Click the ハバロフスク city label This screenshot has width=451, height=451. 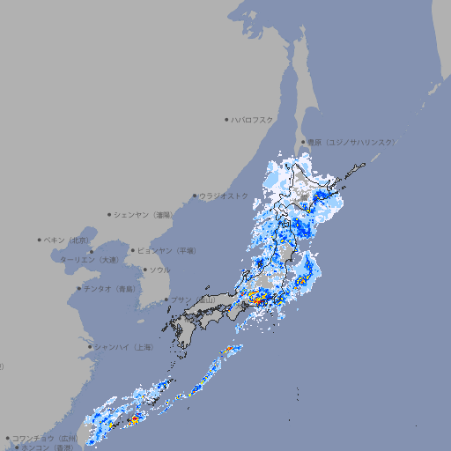coord(253,119)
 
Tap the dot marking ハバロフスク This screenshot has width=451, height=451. coord(226,119)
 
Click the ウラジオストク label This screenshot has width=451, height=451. coord(224,196)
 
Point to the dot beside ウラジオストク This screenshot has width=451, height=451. coord(195,196)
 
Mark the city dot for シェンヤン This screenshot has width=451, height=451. coord(109,214)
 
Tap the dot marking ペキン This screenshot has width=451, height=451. coord(40,240)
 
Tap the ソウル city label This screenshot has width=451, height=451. coord(160,270)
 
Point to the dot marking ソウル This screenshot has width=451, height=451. coord(144,270)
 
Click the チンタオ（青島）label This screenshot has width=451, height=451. coord(110,288)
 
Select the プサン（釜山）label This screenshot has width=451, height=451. coord(195,300)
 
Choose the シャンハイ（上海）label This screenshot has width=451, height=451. coord(124,347)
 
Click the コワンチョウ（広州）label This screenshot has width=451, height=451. coord(45,438)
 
